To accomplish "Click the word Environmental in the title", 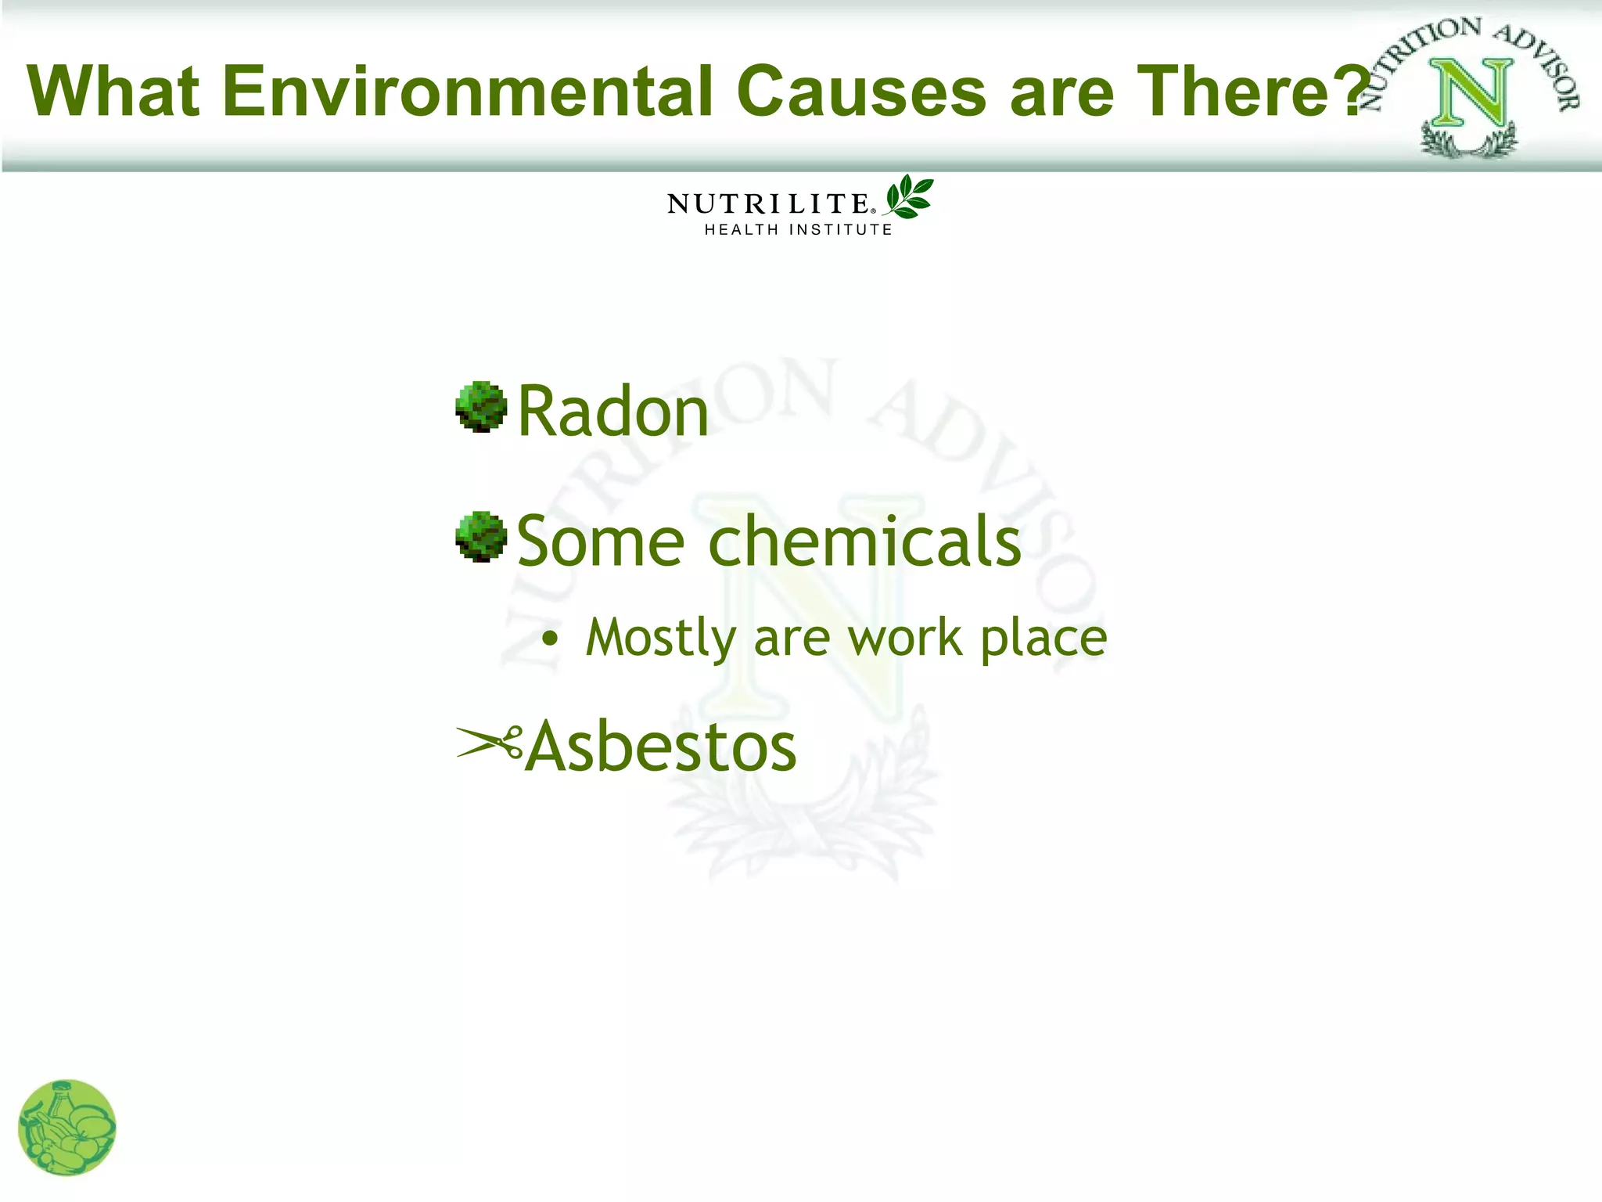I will (467, 92).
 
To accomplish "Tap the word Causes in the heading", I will (861, 92).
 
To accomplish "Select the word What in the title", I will (113, 92).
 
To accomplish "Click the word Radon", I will (612, 412).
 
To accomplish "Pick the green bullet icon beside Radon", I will (481, 407).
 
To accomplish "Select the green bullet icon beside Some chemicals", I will (481, 537).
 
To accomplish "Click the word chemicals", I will (864, 541).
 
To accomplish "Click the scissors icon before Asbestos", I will (490, 743).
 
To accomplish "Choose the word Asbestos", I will (661, 747).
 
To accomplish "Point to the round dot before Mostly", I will (551, 639).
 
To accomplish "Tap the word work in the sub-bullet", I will (905, 638).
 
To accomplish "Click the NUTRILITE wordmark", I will (769, 204).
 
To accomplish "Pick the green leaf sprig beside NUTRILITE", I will (908, 196).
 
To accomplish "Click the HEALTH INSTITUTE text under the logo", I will (798, 230).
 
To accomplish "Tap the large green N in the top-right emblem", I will (1469, 93).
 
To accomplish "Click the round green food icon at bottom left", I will (67, 1128).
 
